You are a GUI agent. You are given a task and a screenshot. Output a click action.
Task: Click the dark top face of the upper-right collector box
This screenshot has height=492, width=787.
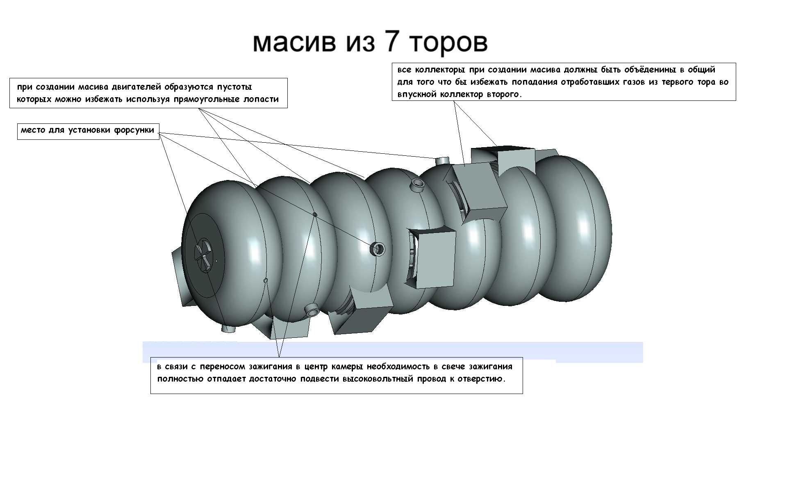tap(502, 149)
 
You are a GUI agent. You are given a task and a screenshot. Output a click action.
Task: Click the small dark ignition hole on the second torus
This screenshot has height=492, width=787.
tap(315, 214)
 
